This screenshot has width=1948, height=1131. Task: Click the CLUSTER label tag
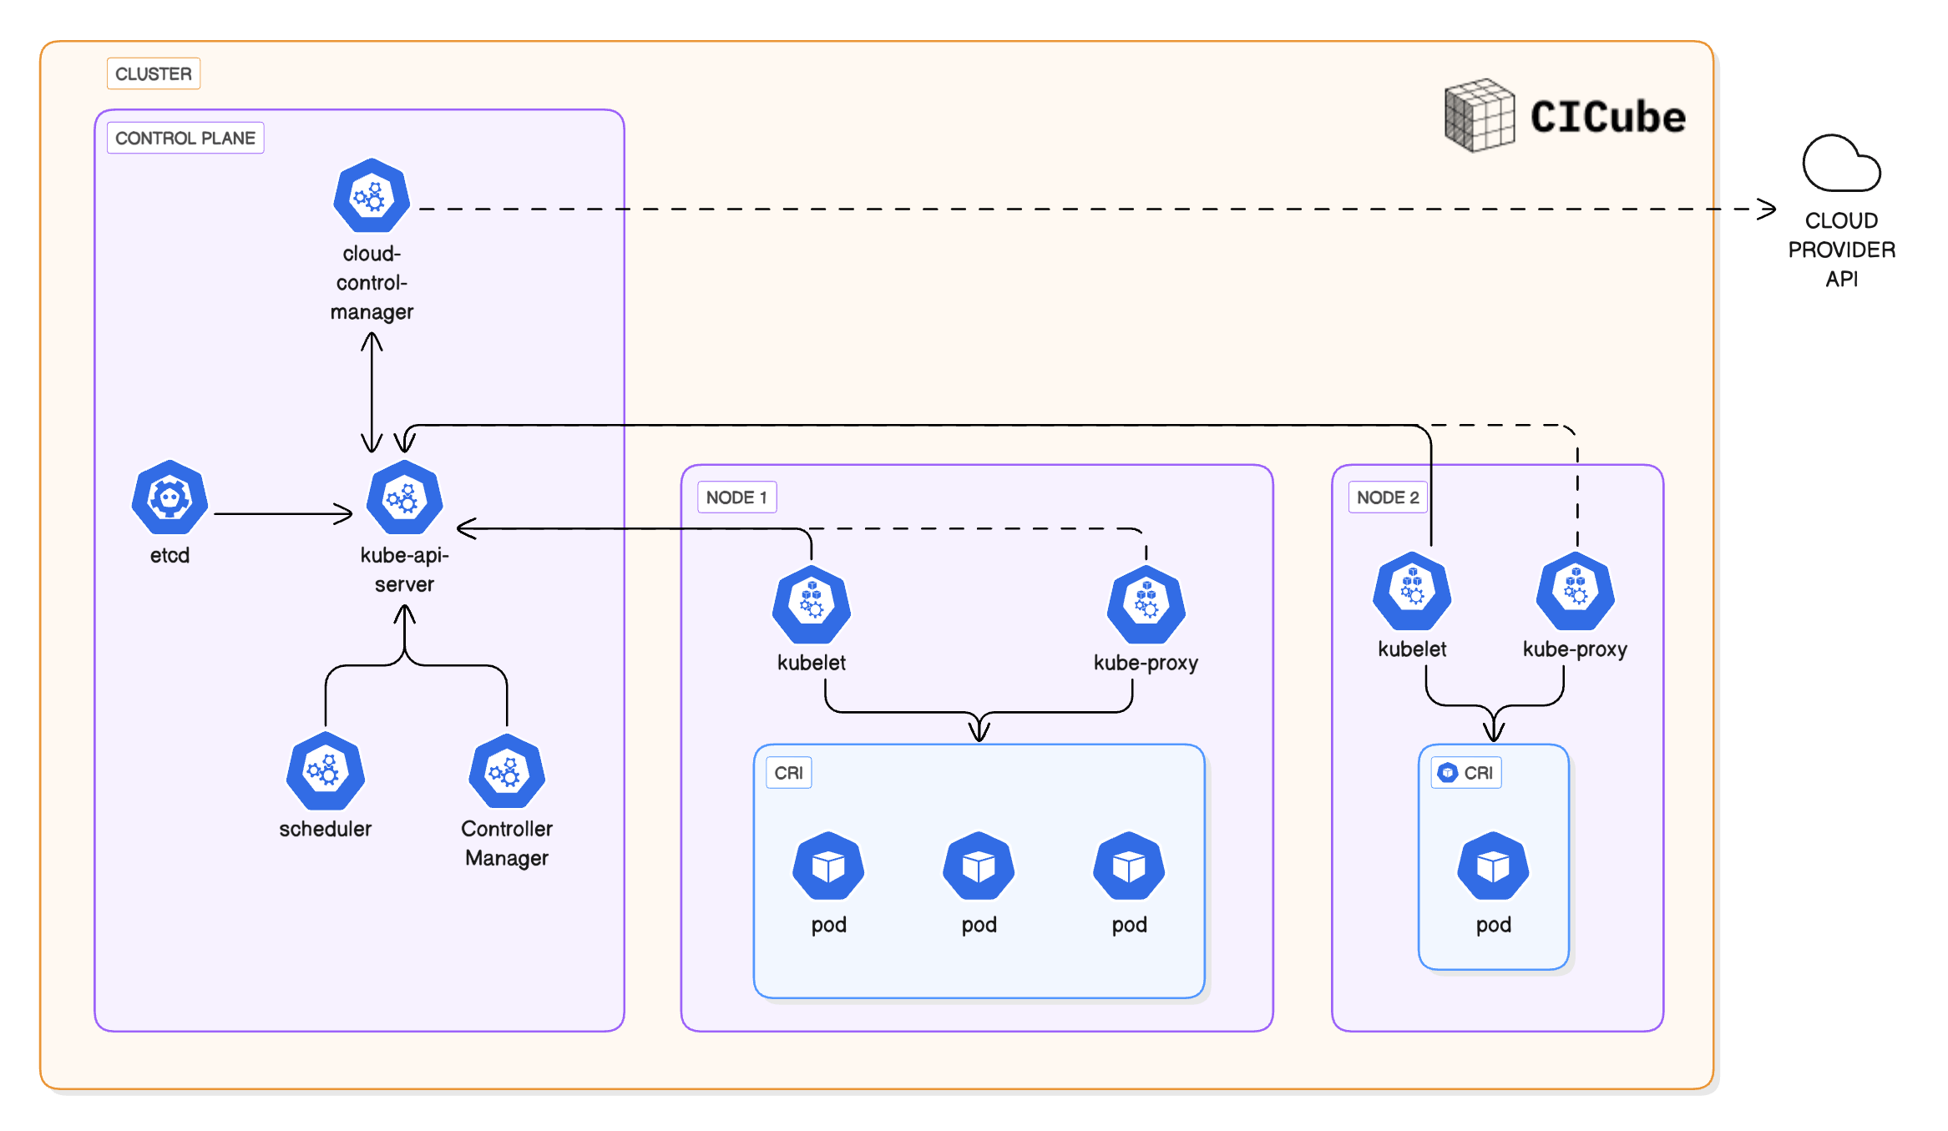tap(154, 73)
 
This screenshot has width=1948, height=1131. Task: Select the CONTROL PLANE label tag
tap(185, 138)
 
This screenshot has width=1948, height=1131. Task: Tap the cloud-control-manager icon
tap(372, 196)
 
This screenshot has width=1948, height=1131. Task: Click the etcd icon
tap(170, 498)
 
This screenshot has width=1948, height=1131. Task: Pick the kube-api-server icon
tap(405, 498)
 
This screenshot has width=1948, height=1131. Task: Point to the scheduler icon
tap(325, 771)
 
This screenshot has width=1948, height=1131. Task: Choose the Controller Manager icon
tap(507, 772)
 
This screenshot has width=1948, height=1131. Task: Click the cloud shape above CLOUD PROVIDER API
tap(1840, 164)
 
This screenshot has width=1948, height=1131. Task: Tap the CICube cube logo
tap(1480, 115)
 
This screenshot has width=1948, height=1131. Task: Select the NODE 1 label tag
tap(736, 497)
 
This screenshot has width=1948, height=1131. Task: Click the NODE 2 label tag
tap(1387, 497)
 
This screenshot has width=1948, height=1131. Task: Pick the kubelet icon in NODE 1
tap(812, 604)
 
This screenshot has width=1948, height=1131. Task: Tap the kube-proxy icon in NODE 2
tap(1576, 591)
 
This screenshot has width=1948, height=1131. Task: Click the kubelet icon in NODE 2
tap(1412, 591)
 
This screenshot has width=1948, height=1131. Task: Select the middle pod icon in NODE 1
tap(979, 866)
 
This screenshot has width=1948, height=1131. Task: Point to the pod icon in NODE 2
tap(1493, 866)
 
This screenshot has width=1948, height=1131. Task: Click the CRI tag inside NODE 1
tap(788, 773)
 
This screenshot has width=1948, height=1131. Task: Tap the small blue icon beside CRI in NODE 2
tap(1448, 773)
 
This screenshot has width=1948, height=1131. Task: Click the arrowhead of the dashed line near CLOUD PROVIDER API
tap(1767, 209)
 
